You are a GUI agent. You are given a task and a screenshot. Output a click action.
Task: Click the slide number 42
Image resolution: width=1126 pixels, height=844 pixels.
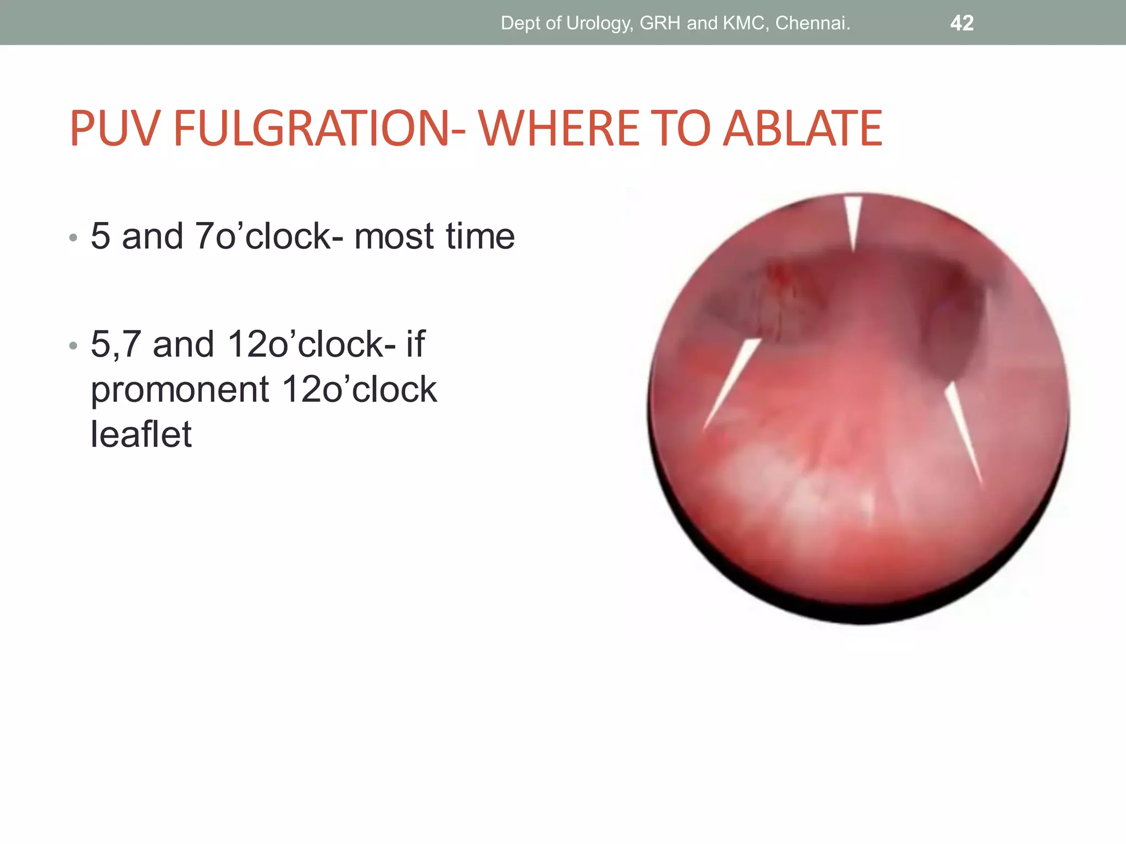click(962, 23)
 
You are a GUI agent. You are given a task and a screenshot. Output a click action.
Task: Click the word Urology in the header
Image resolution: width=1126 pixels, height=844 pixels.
click(599, 23)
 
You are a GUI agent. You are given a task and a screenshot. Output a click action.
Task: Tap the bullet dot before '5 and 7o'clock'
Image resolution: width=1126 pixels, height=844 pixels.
click(74, 238)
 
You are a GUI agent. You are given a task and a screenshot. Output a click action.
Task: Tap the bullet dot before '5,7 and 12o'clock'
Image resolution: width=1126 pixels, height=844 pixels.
click(74, 346)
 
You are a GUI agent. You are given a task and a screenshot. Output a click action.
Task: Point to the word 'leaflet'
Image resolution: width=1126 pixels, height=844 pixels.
click(141, 434)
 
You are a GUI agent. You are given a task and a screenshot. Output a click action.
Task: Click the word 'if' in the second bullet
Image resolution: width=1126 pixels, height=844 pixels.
click(415, 345)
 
